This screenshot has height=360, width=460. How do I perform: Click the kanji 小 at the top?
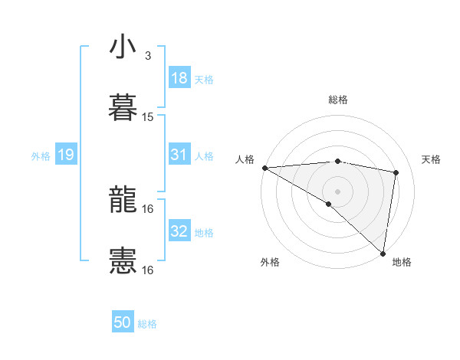pyautogui.click(x=123, y=47)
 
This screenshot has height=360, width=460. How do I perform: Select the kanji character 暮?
pyautogui.click(x=123, y=107)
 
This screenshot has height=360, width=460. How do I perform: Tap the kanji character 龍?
pyautogui.click(x=123, y=200)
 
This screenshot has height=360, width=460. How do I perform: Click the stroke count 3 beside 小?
pyautogui.click(x=147, y=56)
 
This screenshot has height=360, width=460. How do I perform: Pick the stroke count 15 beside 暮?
pyautogui.click(x=148, y=117)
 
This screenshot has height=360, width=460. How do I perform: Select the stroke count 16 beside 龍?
pyautogui.click(x=148, y=209)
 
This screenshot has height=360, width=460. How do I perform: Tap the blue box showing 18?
pyautogui.click(x=179, y=78)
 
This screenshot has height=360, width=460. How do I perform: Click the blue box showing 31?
pyautogui.click(x=179, y=155)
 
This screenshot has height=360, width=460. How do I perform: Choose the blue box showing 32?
pyautogui.click(x=179, y=231)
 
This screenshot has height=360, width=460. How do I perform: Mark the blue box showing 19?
pyautogui.click(x=65, y=155)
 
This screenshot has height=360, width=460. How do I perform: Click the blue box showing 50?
pyautogui.click(x=123, y=322)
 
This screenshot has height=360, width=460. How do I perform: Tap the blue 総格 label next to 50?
pyautogui.click(x=147, y=324)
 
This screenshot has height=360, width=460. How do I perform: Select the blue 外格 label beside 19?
pyautogui.click(x=41, y=156)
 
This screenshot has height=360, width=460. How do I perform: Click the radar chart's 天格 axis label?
pyautogui.click(x=431, y=159)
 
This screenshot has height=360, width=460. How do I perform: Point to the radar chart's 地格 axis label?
pyautogui.click(x=402, y=262)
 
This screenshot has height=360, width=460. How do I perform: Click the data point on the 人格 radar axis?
pyautogui.click(x=264, y=168)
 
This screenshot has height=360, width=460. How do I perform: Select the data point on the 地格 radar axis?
pyautogui.click(x=383, y=254)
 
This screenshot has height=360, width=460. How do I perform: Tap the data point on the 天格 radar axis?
pyautogui.click(x=396, y=172)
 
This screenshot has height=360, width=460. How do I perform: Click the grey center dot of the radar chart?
pyautogui.click(x=337, y=191)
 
